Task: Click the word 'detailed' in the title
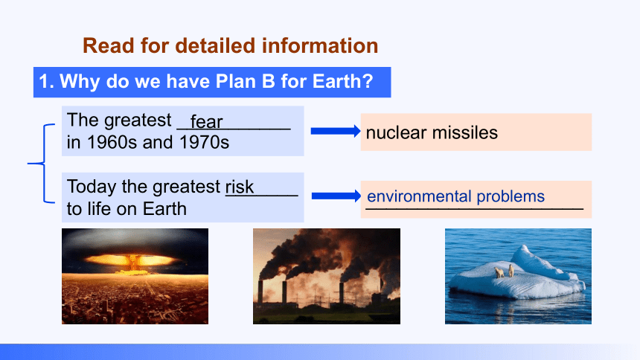coord(215,45)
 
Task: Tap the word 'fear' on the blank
coord(206,122)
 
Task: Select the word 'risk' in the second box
coord(240,187)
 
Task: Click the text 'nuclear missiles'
coord(432,132)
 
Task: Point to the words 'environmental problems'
coord(455,196)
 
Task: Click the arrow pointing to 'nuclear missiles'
coord(336,131)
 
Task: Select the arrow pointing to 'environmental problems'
coord(336,196)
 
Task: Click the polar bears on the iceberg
coord(505,271)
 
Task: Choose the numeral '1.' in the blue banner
coord(47,81)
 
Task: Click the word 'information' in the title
coord(320,45)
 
